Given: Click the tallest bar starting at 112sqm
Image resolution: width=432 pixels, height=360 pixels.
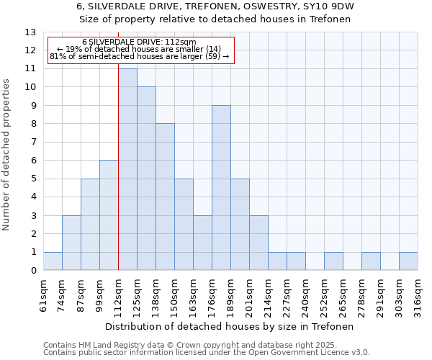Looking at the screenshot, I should click(x=127, y=169).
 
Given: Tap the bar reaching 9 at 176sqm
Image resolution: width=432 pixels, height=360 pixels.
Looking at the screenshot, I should click(x=221, y=188).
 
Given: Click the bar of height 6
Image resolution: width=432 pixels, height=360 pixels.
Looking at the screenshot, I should click(x=109, y=215).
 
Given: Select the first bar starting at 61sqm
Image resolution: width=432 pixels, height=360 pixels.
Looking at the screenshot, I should click(x=53, y=261).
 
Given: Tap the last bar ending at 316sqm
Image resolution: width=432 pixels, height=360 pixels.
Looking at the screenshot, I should click(x=408, y=261).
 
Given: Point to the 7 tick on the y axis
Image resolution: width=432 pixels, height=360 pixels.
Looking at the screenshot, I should click(x=33, y=142).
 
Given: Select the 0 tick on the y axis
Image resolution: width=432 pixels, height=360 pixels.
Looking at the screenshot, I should click(x=33, y=271).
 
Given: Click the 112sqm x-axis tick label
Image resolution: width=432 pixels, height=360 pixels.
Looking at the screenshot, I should click(x=119, y=295).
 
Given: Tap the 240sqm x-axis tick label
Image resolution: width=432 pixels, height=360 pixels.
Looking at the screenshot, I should click(x=305, y=295).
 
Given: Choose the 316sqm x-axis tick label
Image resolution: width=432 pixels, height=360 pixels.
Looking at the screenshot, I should click(x=418, y=295).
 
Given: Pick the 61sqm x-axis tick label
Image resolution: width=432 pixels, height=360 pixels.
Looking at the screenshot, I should click(x=44, y=295).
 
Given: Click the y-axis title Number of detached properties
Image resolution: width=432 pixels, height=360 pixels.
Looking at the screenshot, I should click(x=6, y=155).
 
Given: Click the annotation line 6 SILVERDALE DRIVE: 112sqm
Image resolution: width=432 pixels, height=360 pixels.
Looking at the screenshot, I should click(x=139, y=42).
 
